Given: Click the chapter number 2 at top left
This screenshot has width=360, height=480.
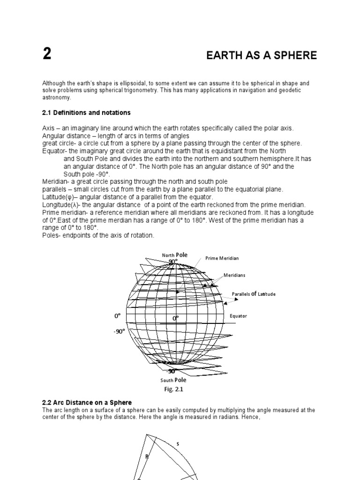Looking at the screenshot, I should pos(47,55).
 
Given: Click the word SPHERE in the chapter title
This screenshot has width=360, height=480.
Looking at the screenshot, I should pos(298,56).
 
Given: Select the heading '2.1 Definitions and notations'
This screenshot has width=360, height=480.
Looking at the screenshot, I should pos(86,113).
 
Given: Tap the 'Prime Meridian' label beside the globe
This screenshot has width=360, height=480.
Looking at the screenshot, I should pos(222,258).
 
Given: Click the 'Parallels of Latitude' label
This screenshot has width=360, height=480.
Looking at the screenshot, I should pos(254,294).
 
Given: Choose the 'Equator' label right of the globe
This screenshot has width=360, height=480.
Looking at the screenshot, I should pos(238,316).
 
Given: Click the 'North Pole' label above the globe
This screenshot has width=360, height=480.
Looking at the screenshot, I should pos(175,255).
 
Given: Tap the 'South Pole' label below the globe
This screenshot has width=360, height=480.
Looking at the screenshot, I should pos(174,380).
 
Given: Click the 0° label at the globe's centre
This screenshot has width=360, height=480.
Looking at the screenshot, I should pos(176,318).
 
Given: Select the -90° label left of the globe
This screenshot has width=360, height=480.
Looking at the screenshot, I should pos(119,331).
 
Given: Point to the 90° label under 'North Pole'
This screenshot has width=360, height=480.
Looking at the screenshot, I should pos(173,261).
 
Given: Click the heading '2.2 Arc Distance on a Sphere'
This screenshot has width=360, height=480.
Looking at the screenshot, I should pos(87,403).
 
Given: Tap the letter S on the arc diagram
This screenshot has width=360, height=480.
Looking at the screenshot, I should pos(178,444).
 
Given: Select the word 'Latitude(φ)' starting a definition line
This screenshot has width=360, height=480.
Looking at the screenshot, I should pos(59,196).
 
